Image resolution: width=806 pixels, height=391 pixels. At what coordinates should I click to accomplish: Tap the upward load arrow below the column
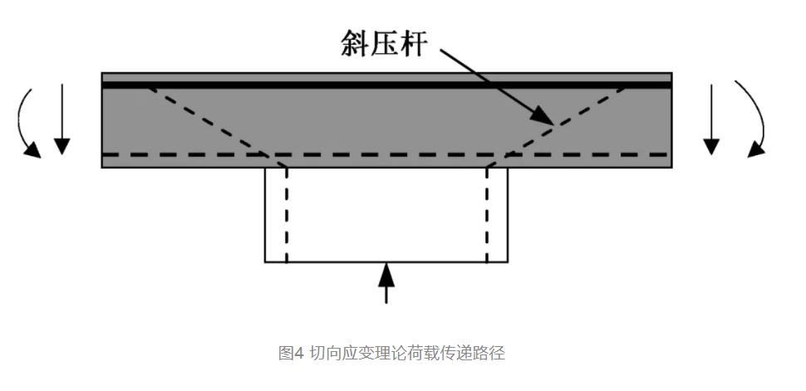pyautogui.click(x=386, y=283)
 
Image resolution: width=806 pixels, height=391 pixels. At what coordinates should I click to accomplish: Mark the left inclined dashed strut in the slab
pyautogui.click(x=208, y=120)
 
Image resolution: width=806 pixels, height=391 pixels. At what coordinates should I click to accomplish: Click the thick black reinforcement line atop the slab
pyautogui.click(x=386, y=84)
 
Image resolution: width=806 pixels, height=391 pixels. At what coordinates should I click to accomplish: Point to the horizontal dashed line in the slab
pyautogui.click(x=386, y=154)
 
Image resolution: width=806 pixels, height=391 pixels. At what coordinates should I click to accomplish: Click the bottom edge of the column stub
pyautogui.click(x=386, y=262)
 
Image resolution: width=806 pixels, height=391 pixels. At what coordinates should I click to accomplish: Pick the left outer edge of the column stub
pyautogui.click(x=265, y=216)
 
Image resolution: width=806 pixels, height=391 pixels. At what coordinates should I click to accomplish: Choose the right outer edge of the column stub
pyautogui.click(x=507, y=216)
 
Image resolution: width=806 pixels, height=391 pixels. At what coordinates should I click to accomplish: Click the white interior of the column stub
pyautogui.click(x=386, y=216)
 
